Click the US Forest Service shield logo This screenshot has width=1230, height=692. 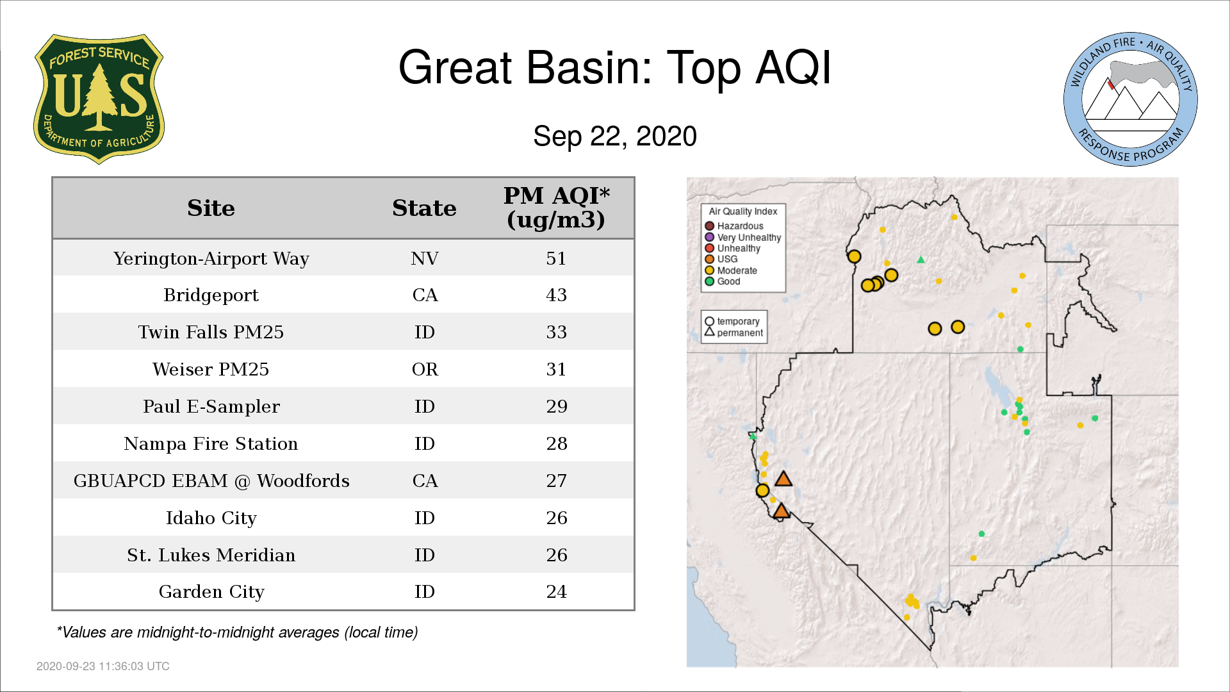99,99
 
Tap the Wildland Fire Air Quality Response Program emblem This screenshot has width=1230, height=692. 1131,99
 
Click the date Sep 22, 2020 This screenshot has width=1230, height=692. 615,136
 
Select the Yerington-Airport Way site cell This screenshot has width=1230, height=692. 211,258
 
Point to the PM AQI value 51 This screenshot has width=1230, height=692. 556,258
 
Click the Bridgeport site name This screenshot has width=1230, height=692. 211,295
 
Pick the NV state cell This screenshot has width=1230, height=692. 425,258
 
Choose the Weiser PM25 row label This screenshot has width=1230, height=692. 211,369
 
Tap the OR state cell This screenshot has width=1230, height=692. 425,369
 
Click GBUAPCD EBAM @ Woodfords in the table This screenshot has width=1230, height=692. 211,481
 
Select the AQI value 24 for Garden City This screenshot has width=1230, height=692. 556,591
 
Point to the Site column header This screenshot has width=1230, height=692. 211,208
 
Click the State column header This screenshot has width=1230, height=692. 424,208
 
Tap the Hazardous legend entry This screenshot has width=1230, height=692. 734,226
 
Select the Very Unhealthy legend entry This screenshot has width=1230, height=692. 743,237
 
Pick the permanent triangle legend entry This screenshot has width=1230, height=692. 734,333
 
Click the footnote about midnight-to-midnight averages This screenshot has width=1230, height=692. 237,632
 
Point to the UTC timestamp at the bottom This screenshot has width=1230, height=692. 103,666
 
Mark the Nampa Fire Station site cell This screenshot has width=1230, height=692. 211,443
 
